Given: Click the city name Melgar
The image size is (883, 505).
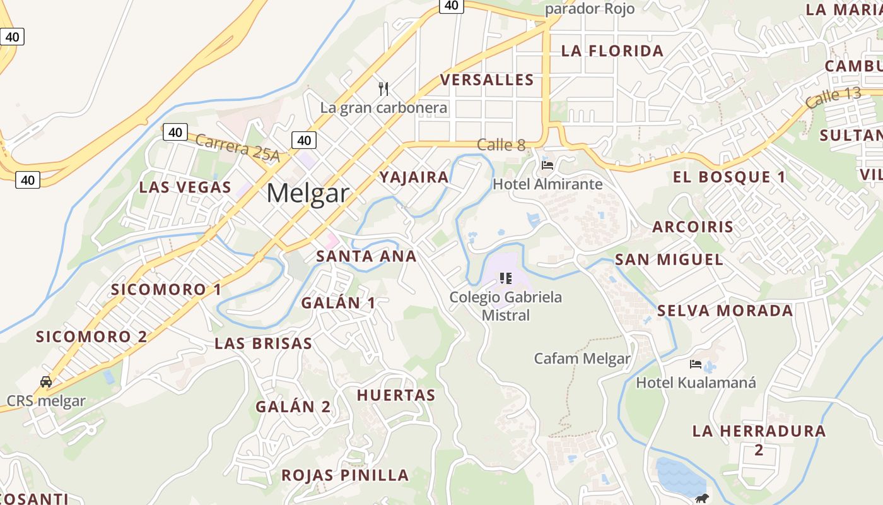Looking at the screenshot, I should point(307,193).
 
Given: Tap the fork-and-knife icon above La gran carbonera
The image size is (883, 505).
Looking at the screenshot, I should point(383,88).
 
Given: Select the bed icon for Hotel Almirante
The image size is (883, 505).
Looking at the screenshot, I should point(547,165).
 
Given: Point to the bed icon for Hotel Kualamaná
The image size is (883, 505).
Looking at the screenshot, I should point(696,364).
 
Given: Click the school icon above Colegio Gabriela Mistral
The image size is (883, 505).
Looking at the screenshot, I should point(505,278).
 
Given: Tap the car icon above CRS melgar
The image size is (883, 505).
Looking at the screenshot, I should point(46,382).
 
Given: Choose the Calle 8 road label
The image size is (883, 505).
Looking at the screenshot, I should point(501,145).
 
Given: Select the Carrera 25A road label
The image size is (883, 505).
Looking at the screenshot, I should point(237,147).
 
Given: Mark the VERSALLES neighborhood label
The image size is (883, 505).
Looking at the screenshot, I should point(487,80).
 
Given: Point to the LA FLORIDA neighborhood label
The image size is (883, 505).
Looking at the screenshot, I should point(612,51).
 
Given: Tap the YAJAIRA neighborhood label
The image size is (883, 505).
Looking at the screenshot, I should point(414,177).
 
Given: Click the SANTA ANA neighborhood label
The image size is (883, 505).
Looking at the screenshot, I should point(366,256).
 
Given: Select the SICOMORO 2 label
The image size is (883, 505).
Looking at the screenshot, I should point(91,336).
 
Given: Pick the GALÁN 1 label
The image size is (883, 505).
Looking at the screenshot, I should point(338,303).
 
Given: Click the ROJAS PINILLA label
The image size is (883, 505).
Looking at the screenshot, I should point(345,475).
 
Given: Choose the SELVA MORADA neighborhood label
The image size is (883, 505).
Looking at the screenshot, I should point(725,311).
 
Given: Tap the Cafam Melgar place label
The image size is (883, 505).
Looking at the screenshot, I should point(582,359).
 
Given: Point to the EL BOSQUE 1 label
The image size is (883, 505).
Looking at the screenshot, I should point(729,177).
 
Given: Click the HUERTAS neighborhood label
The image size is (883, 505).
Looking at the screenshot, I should point(396,395).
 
